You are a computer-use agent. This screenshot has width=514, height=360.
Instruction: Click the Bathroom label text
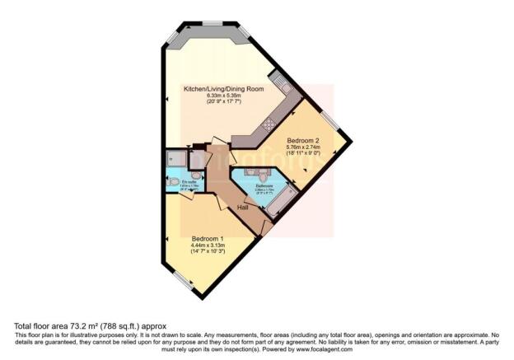(264, 186)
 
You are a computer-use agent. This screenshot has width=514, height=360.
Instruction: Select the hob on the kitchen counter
(268, 125)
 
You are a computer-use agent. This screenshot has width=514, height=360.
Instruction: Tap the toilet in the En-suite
(197, 175)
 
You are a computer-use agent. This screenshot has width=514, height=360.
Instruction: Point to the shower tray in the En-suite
(175, 158)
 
